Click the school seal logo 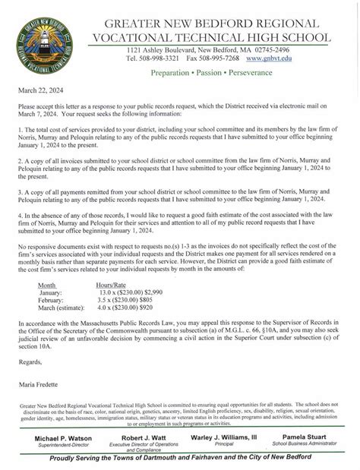coord(45,40)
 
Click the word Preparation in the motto coord(172,74)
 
